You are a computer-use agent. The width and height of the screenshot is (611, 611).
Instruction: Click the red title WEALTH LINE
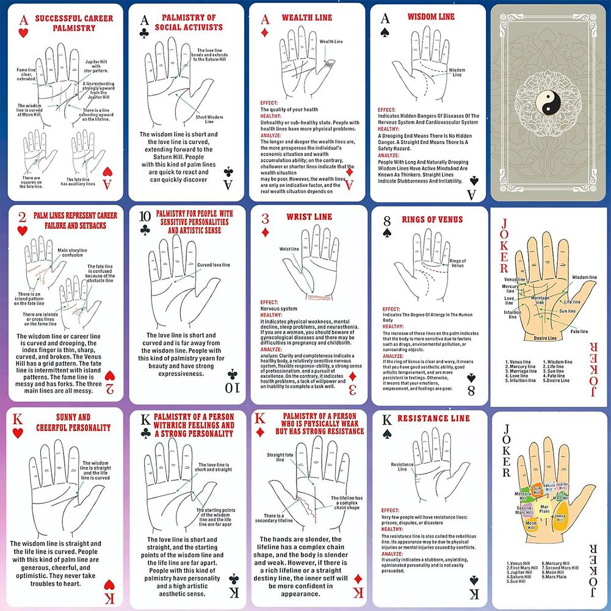(x=306, y=18)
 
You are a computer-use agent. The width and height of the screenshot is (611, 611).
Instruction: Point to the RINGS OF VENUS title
(x=432, y=220)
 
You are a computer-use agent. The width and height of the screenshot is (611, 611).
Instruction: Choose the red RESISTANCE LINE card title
(x=433, y=419)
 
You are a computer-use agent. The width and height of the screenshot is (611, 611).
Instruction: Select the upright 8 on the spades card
(x=386, y=218)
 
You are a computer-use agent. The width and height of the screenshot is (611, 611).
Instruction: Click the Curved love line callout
(x=217, y=264)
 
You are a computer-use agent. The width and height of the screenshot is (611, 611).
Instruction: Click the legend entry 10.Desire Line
(x=558, y=380)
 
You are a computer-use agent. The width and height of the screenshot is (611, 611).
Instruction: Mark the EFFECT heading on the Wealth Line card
(x=269, y=103)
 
